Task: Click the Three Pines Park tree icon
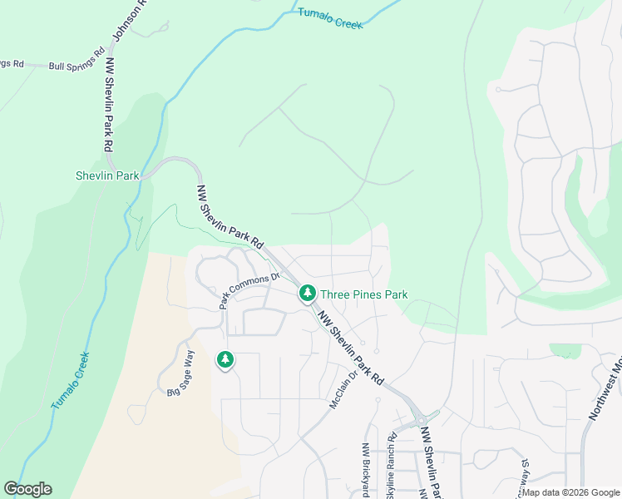(x=307, y=294)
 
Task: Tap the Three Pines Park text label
(x=364, y=294)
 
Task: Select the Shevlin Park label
(x=106, y=175)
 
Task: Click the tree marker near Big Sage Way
(x=225, y=360)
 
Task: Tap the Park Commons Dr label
(x=244, y=291)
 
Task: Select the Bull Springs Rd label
(x=75, y=66)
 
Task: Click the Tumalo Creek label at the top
(x=331, y=18)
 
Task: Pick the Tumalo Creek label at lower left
(x=71, y=381)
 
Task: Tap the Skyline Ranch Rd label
(x=391, y=470)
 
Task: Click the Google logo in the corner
(x=28, y=489)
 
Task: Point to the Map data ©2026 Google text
(x=570, y=492)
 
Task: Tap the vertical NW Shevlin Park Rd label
(x=109, y=103)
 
